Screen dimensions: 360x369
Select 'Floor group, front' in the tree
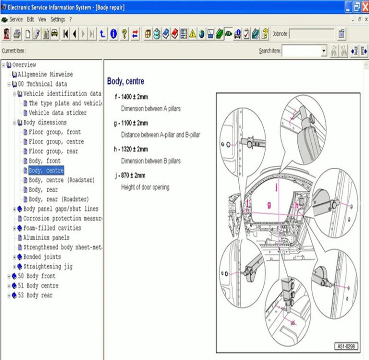(x=54, y=132)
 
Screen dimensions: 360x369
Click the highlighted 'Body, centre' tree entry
(x=46, y=171)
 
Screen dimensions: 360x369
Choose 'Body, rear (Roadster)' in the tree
(x=59, y=199)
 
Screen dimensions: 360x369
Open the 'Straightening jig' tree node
(x=48, y=267)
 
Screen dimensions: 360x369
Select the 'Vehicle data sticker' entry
(x=58, y=113)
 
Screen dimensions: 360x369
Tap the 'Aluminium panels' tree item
(x=46, y=238)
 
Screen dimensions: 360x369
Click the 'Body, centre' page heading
(x=125, y=82)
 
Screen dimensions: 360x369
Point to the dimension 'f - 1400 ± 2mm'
(x=131, y=97)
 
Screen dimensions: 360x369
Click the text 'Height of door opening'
(x=145, y=187)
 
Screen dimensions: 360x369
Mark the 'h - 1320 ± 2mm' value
(x=131, y=149)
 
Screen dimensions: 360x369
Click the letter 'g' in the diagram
(x=269, y=204)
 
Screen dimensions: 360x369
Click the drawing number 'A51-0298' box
(x=347, y=346)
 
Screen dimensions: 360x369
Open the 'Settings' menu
(x=58, y=20)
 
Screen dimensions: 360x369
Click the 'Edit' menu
(x=30, y=20)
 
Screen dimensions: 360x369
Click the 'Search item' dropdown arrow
(x=323, y=51)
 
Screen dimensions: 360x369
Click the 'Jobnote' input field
(x=311, y=34)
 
